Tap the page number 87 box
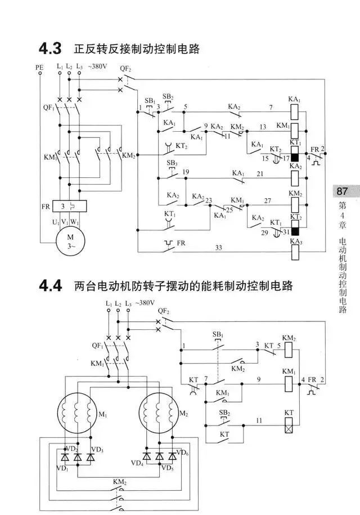[x=342, y=191]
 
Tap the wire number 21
[x=259, y=176]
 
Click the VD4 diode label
[x=137, y=463]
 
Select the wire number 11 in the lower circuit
[x=259, y=421]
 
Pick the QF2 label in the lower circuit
[x=164, y=311]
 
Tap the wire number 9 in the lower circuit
[x=259, y=379]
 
